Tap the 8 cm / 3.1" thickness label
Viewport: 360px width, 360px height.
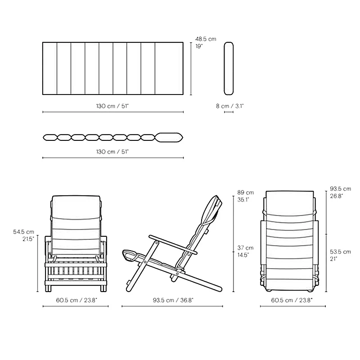pos(229,106)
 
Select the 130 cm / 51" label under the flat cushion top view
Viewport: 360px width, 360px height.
pos(112,106)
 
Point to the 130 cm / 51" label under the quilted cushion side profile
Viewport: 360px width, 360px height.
pos(112,152)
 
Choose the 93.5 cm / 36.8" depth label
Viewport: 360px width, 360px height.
pos(172,300)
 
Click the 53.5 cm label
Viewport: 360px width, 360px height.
pos(340,252)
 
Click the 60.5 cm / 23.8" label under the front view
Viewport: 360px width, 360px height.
pos(76,300)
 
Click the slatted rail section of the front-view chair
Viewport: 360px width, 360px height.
pos(76,272)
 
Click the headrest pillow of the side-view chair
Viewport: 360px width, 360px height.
pos(215,208)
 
